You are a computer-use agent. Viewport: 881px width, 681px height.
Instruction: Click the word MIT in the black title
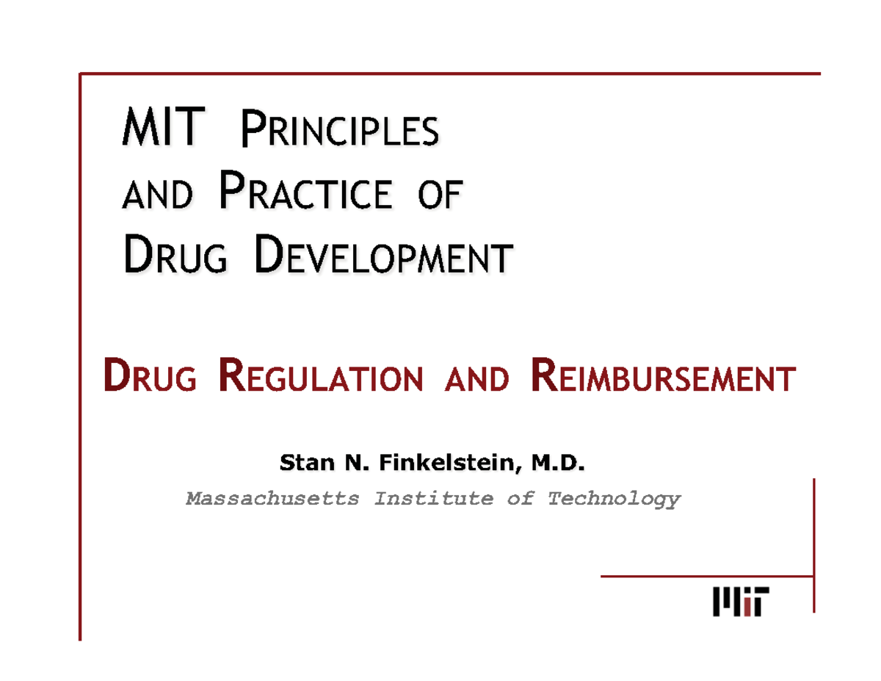click(160, 130)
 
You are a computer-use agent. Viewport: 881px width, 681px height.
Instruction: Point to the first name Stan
click(302, 463)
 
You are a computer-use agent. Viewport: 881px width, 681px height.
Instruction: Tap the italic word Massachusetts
click(272, 500)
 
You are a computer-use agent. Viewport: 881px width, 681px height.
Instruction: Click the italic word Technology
click(614, 500)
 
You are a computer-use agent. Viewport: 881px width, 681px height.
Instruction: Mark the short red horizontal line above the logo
click(707, 576)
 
